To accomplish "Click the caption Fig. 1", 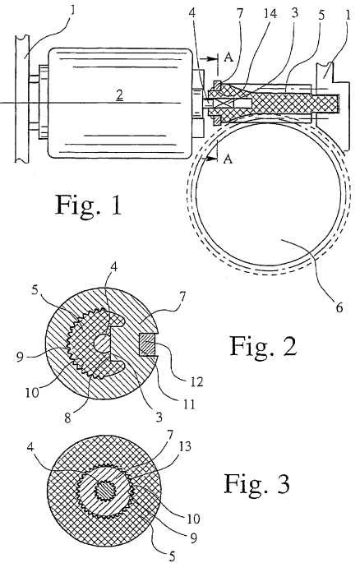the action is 88,205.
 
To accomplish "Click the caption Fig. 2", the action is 263,347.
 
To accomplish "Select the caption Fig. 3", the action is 257,484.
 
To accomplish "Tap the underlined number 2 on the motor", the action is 119,95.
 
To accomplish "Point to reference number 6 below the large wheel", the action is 339,307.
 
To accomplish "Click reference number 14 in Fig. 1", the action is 270,14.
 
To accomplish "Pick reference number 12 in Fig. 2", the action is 197,381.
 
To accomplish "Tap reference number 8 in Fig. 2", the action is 67,418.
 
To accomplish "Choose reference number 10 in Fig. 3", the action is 193,519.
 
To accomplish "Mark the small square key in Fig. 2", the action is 147,344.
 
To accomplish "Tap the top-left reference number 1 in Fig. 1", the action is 73,10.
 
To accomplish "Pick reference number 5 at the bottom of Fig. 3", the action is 173,556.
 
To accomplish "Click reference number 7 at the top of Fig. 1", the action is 240,14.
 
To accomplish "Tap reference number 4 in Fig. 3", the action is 30,447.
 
